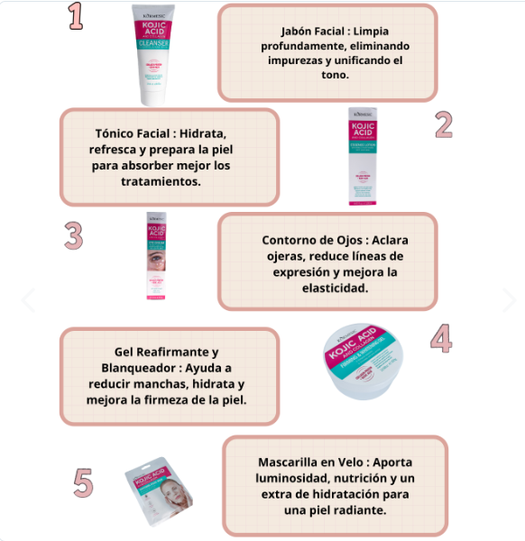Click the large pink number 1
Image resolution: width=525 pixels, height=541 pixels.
[77, 16]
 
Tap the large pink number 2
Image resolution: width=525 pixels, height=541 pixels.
[443, 124]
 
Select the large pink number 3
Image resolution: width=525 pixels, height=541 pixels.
[74, 234]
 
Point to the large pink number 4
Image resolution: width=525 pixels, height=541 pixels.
[440, 337]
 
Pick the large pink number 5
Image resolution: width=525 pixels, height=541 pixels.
[83, 483]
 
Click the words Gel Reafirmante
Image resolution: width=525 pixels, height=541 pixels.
[166, 352]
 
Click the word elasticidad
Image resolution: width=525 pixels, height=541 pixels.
[327, 289]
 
